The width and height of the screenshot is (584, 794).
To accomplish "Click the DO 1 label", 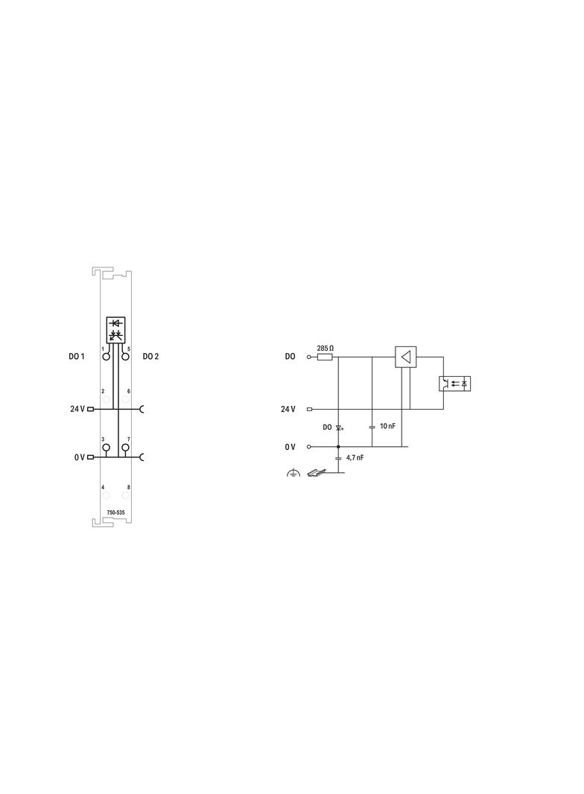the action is click(x=77, y=357).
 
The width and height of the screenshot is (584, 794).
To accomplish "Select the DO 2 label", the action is click(x=150, y=357).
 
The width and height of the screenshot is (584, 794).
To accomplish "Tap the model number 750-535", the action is click(x=115, y=512).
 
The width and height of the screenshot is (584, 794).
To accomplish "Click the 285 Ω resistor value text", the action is click(x=326, y=349).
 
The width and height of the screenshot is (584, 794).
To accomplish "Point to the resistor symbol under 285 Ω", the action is click(x=325, y=357).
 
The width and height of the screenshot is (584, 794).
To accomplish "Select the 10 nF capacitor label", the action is click(x=387, y=426).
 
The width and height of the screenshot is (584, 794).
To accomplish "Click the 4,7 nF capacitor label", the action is click(x=355, y=457).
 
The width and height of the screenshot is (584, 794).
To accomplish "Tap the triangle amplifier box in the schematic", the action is click(x=405, y=357).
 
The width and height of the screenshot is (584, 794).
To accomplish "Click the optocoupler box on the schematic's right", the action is click(x=454, y=384).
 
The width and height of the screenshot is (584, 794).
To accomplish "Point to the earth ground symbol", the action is click(x=293, y=473).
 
